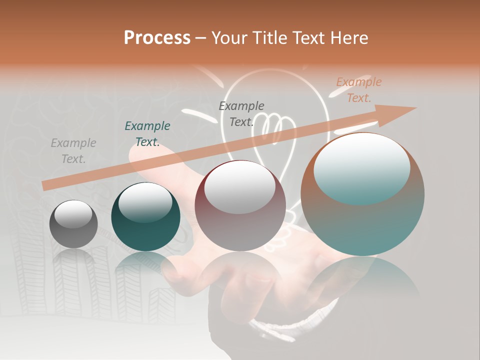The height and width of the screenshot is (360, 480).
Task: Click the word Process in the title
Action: [x=157, y=38]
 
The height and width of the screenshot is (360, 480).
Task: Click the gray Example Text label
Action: [x=73, y=151]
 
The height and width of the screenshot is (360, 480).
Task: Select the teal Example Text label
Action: [x=147, y=134]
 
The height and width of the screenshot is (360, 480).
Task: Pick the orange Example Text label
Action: [x=358, y=90]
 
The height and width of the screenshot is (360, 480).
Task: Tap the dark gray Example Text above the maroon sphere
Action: [x=241, y=113]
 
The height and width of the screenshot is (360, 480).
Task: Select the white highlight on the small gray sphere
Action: [x=73, y=214]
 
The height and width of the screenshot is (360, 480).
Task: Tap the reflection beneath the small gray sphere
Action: [x=73, y=260]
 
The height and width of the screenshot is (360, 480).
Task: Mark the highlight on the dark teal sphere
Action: [x=145, y=203]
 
